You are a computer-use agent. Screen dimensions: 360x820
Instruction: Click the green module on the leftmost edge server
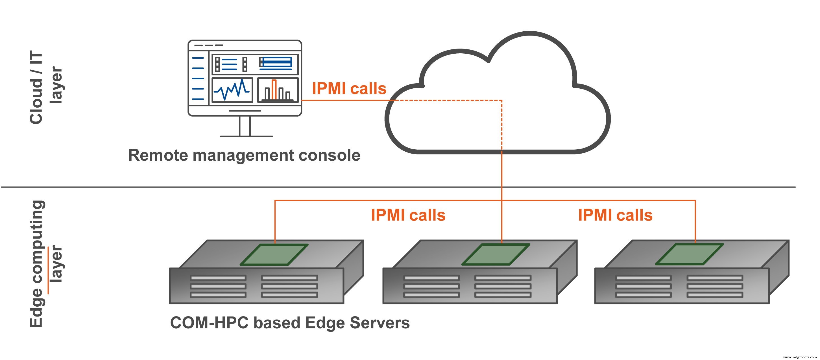point(274,255)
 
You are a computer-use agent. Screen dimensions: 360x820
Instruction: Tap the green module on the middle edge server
point(496,254)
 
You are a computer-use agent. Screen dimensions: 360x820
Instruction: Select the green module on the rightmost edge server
point(690,254)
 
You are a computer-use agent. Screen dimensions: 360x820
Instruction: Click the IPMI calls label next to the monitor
point(349,88)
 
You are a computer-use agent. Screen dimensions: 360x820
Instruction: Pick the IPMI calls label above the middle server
point(408,215)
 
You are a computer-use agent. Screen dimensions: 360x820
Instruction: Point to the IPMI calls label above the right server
point(615,215)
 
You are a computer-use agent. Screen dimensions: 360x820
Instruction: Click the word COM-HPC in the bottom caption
point(209,323)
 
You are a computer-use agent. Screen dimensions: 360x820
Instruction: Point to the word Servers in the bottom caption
point(380,323)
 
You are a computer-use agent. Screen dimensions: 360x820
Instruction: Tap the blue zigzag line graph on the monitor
point(232,90)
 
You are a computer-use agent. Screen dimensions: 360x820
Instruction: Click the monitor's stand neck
point(245,126)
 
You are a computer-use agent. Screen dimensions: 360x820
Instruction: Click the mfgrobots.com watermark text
point(799,357)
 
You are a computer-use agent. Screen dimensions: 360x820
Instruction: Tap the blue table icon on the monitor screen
point(276,63)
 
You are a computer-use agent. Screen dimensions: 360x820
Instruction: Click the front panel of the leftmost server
point(256,286)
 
